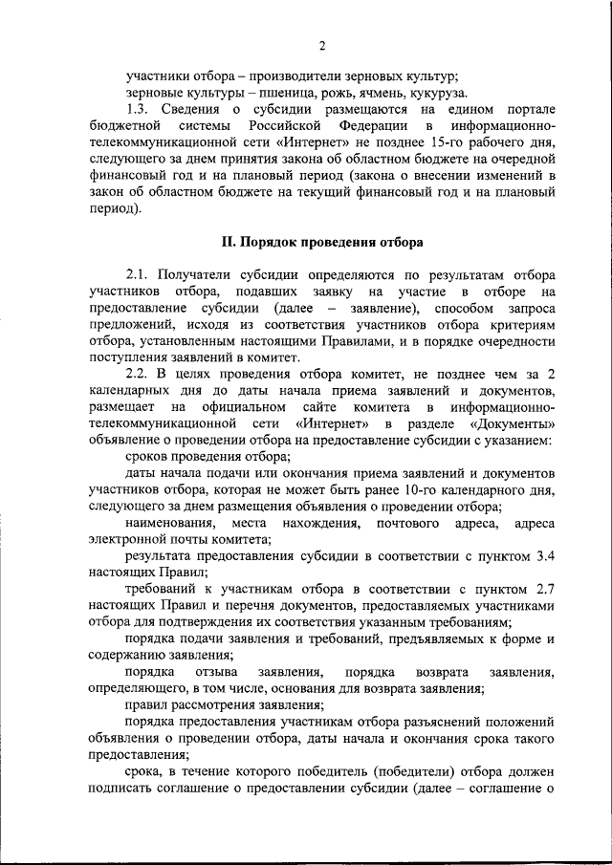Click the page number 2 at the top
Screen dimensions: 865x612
(322, 45)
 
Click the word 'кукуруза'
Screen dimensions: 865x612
(437, 94)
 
